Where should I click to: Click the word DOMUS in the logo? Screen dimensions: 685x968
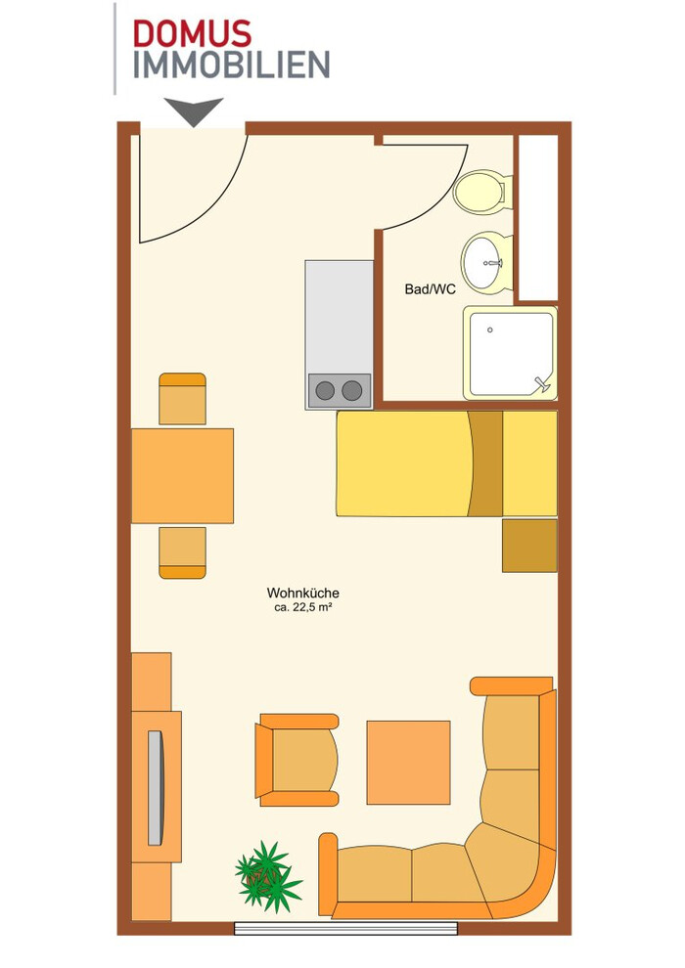[x=192, y=34]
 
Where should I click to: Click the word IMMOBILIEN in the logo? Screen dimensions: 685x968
[x=232, y=65]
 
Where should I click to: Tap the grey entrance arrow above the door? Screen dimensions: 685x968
[x=194, y=111]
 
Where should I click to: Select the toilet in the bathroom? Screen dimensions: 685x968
[x=481, y=192]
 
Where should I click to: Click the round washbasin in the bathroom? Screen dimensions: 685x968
[x=486, y=263]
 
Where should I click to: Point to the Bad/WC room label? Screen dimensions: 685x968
[x=430, y=288]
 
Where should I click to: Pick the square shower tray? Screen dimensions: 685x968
[x=510, y=354]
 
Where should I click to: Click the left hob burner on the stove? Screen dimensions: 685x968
[x=325, y=390]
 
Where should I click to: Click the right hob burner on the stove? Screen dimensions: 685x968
[x=352, y=390]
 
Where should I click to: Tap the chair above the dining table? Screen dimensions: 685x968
[x=182, y=399]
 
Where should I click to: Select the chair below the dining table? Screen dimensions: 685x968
[x=182, y=552]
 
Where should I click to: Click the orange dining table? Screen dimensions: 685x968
[x=182, y=476]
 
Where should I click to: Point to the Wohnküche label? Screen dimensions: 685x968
[x=302, y=593]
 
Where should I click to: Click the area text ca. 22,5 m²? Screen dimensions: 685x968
[x=303, y=607]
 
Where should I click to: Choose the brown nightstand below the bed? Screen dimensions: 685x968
[x=529, y=546]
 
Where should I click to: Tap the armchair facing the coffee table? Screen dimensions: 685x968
[x=297, y=760]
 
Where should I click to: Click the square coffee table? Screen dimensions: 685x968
[x=408, y=763]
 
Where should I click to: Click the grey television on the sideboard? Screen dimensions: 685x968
[x=155, y=788]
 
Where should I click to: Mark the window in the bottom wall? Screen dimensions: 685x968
[x=345, y=929]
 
